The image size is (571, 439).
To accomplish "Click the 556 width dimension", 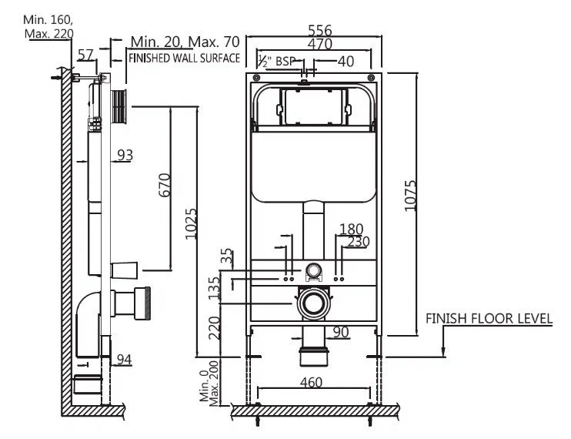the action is (x=319, y=30).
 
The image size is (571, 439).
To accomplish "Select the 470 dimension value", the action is (x=319, y=45).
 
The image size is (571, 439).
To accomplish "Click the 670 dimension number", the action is (x=163, y=186).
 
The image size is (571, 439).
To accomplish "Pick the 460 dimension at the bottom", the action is (x=312, y=382).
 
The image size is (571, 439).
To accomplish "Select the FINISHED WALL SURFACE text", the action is (x=184, y=59).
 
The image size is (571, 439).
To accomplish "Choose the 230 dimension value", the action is (x=358, y=241).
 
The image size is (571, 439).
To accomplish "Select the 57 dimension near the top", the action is (x=87, y=55).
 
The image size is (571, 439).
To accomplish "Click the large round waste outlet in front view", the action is (x=312, y=303).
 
